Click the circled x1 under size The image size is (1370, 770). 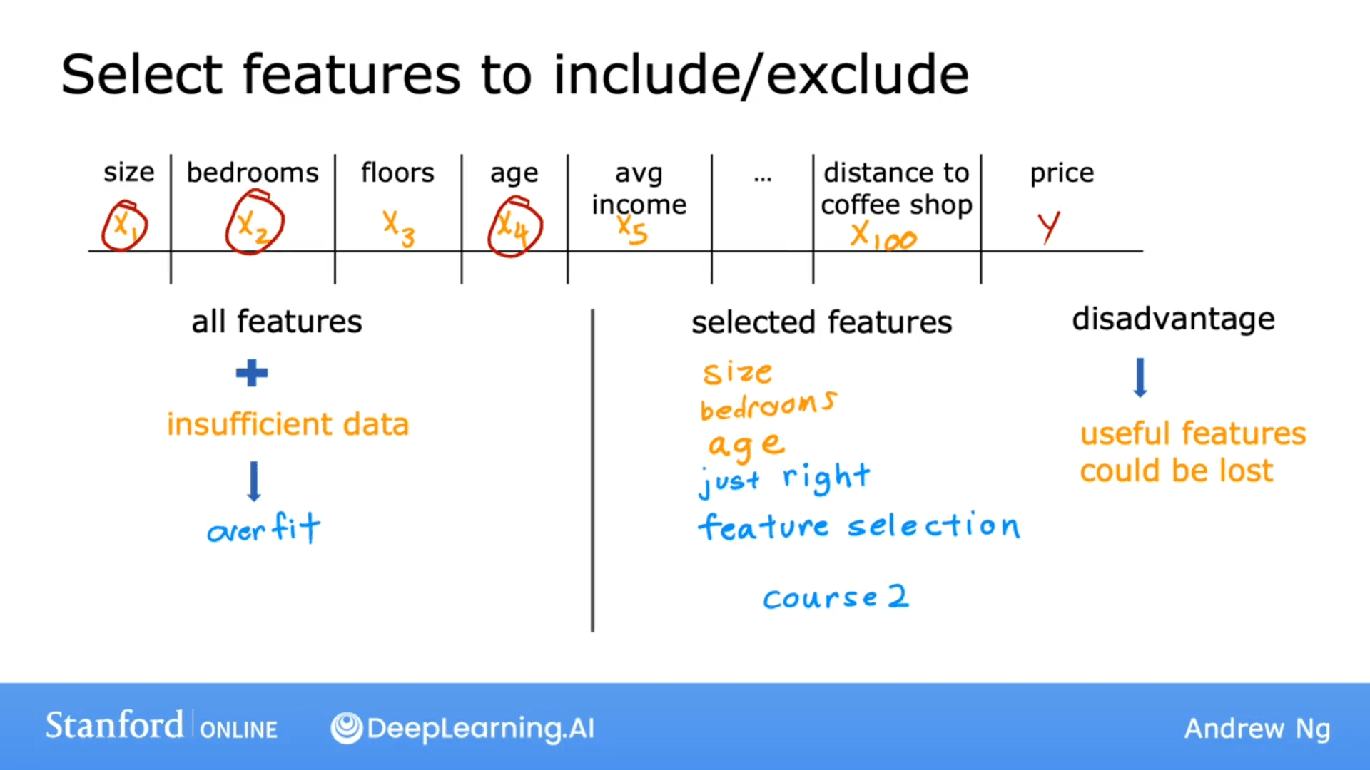pos(125,227)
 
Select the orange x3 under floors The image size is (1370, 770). pos(398,228)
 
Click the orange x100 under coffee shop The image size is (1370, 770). pos(883,236)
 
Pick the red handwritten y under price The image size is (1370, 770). pos(1048,227)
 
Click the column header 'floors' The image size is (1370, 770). pos(397,173)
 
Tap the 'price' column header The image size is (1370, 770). pos(1062,173)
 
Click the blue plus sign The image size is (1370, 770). pos(252,373)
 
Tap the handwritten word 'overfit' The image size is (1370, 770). pos(263,529)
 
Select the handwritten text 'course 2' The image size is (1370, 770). pos(836,597)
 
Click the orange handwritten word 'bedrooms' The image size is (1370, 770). pos(768,406)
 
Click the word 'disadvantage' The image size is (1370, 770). pos(1173,319)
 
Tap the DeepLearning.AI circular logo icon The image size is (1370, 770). pos(347,728)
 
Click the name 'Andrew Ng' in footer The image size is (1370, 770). pos(1257,729)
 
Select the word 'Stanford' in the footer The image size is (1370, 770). pos(114,726)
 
